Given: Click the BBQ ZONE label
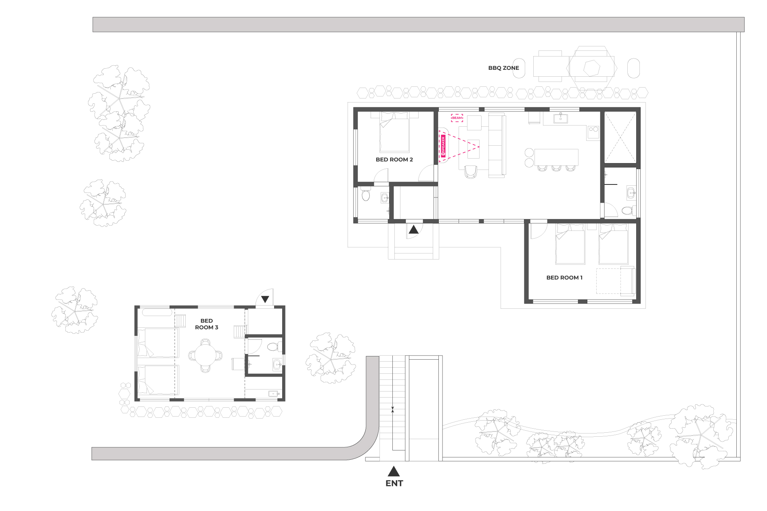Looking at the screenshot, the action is pyautogui.click(x=503, y=68).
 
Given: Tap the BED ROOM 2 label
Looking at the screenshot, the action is pyautogui.click(x=394, y=159).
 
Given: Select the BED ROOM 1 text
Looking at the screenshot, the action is pyautogui.click(x=564, y=278).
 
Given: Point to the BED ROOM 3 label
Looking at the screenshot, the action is pyautogui.click(x=207, y=324).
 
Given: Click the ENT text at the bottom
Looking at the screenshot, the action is pyautogui.click(x=394, y=483).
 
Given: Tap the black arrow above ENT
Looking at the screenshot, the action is pyautogui.click(x=394, y=471).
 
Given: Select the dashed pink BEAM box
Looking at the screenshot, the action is pyautogui.click(x=457, y=118).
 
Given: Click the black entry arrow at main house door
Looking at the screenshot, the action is pyautogui.click(x=413, y=230).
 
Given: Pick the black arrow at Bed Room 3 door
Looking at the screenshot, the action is pyautogui.click(x=265, y=299).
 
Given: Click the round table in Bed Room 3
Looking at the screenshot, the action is pyautogui.click(x=205, y=356).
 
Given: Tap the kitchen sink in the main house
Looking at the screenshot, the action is pyautogui.click(x=560, y=118).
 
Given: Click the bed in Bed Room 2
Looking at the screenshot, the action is pyautogui.click(x=394, y=132).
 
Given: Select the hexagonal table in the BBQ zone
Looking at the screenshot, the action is pyautogui.click(x=592, y=68).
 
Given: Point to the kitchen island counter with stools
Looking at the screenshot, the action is pyautogui.click(x=556, y=157).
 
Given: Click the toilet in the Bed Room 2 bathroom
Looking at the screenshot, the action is pyautogui.click(x=366, y=195).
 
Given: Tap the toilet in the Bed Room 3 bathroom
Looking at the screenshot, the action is pyautogui.click(x=274, y=346).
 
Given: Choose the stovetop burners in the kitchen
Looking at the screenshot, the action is pyautogui.click(x=593, y=130).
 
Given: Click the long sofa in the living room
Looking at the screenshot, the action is pyautogui.click(x=497, y=145).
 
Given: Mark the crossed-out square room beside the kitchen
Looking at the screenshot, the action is pyautogui.click(x=620, y=137).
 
